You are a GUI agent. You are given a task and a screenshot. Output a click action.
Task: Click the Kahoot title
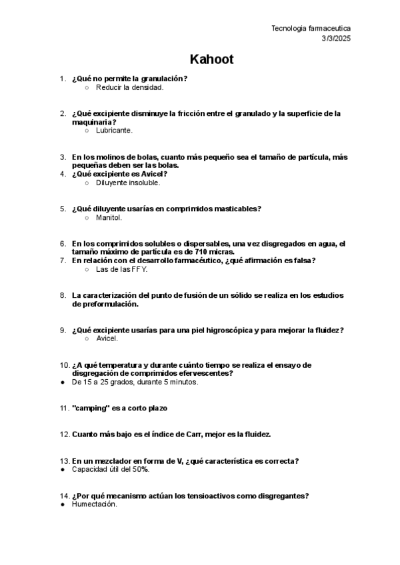point(211,60)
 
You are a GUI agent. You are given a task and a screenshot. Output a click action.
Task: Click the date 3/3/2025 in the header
point(335,39)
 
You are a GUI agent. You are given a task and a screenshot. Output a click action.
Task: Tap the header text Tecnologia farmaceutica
point(311,28)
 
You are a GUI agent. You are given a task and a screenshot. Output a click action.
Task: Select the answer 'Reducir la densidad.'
point(129,87)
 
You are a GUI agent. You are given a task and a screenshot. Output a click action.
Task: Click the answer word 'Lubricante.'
point(114,131)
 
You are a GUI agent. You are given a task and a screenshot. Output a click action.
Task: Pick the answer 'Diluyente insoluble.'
point(128,183)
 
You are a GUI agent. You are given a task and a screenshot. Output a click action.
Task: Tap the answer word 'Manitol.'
point(109,217)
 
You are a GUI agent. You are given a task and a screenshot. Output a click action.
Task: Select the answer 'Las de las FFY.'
point(121,269)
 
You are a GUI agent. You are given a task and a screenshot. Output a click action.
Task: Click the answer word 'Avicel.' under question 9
point(107,338)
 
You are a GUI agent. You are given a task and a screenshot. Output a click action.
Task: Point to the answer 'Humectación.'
point(95,504)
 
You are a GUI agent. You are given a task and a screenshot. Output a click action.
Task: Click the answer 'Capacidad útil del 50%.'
point(111,470)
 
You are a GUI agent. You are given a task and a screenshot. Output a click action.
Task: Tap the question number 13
point(65,461)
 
